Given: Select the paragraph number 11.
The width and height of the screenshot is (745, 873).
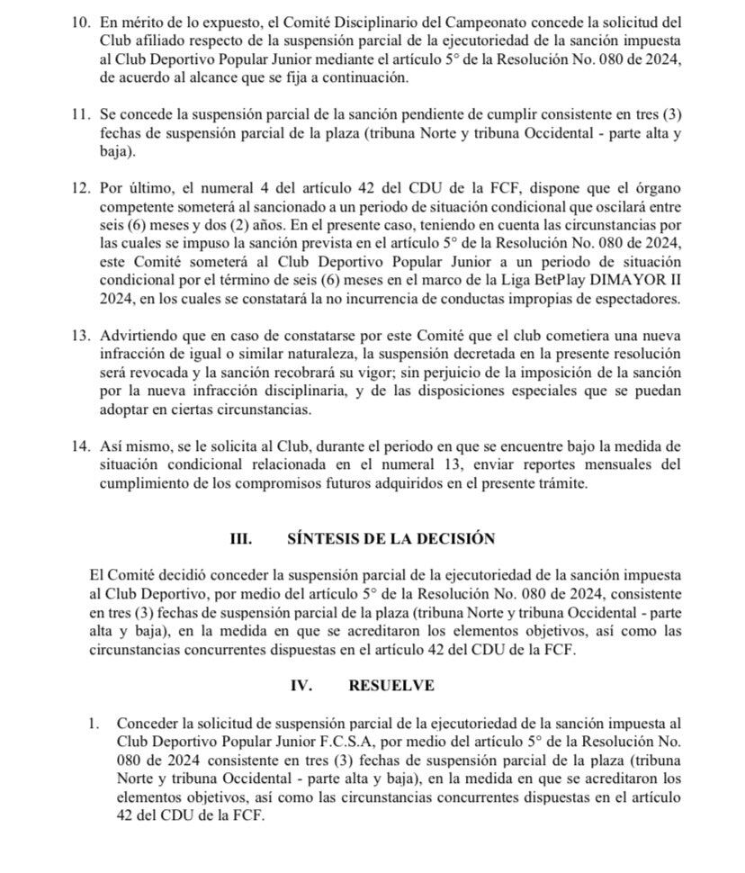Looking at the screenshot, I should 82,117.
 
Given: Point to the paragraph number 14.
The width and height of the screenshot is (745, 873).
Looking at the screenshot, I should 82,447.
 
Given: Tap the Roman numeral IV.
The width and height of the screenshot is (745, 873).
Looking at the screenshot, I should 301,685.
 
